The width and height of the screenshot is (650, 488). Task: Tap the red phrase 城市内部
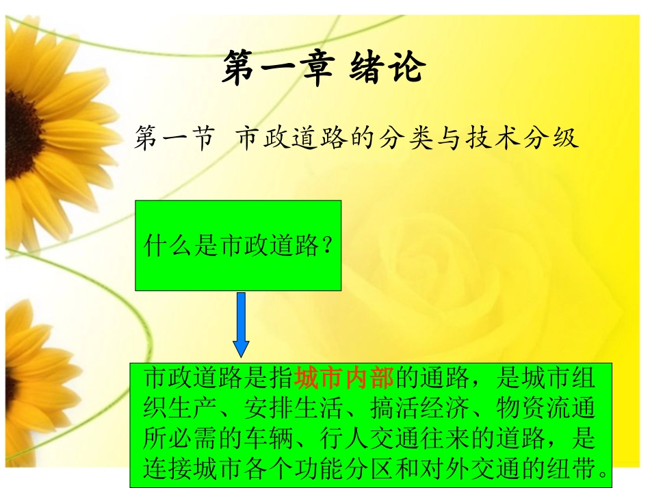pyautogui.click(x=343, y=378)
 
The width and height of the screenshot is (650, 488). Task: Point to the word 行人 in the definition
pyautogui.click(x=344, y=439)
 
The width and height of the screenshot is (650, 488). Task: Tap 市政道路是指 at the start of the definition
pyautogui.click(x=219, y=378)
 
